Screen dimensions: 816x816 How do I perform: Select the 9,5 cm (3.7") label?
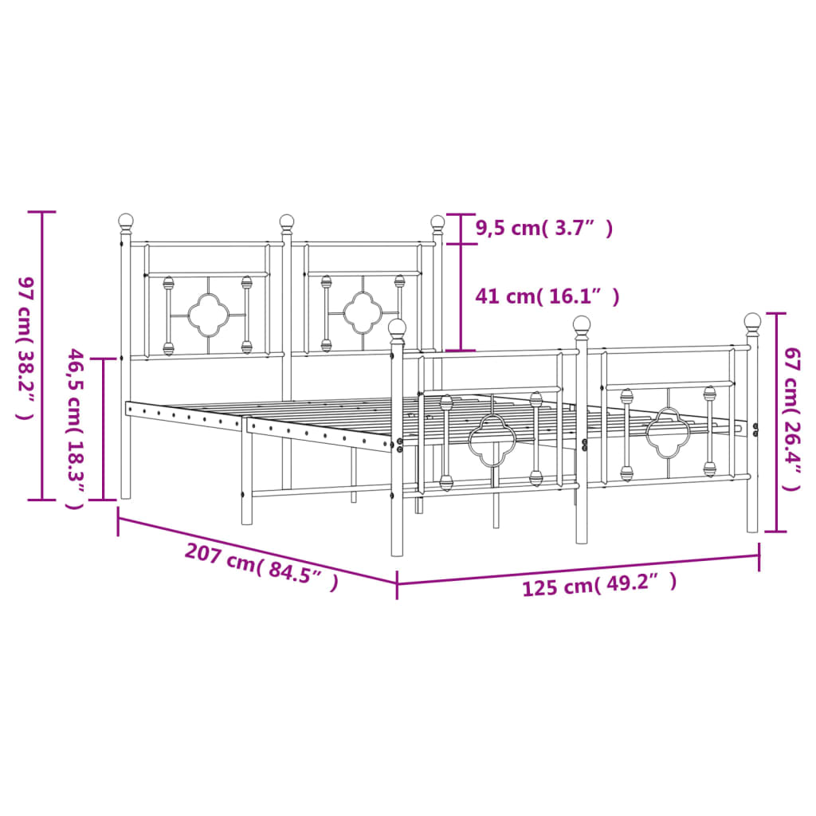(544, 229)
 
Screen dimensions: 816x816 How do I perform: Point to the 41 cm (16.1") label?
(547, 296)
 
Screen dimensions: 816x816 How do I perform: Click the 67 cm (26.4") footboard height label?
(791, 418)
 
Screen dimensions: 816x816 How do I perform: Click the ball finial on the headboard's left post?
(126, 220)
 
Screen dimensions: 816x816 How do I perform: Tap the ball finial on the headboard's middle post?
(286, 221)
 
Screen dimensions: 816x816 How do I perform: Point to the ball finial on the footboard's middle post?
(582, 324)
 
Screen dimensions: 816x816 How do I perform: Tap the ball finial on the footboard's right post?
(752, 320)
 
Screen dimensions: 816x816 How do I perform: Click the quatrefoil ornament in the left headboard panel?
(207, 315)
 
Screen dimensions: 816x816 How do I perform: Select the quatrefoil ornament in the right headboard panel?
(363, 312)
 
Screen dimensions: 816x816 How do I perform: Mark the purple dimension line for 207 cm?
(257, 550)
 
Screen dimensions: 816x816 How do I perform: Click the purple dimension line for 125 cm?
(578, 568)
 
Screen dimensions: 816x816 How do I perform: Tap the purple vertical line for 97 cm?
(42, 356)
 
